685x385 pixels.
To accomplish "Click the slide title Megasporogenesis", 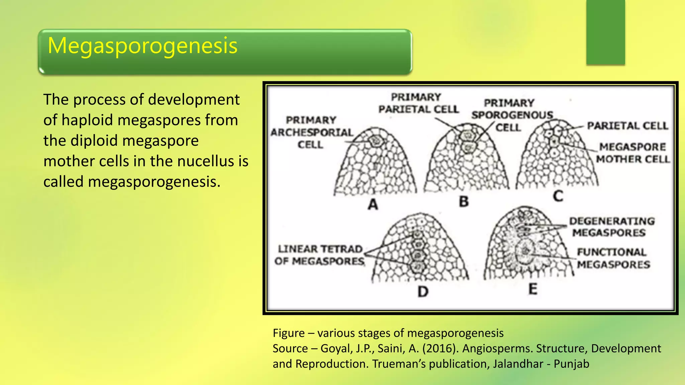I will click(x=142, y=46).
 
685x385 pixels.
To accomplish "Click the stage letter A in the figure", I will click(x=373, y=204).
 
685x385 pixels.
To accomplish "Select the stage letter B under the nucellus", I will click(x=464, y=202).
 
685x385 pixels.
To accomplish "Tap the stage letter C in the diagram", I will click(x=558, y=196).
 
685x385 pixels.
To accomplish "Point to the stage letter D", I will click(x=423, y=292).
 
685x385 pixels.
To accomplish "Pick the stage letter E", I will click(x=533, y=289).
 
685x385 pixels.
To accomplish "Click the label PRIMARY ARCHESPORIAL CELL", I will click(x=311, y=132).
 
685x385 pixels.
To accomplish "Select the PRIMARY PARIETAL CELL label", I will click(x=418, y=103).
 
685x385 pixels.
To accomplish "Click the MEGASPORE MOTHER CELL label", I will click(x=632, y=153).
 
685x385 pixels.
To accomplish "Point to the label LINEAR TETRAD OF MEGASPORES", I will click(x=319, y=255).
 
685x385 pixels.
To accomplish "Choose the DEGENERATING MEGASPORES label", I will click(x=611, y=227).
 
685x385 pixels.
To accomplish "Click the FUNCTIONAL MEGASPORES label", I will click(x=613, y=258).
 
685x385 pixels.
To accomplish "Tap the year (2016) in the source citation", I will click(x=441, y=349).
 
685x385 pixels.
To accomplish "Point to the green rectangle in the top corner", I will click(x=605, y=32).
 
